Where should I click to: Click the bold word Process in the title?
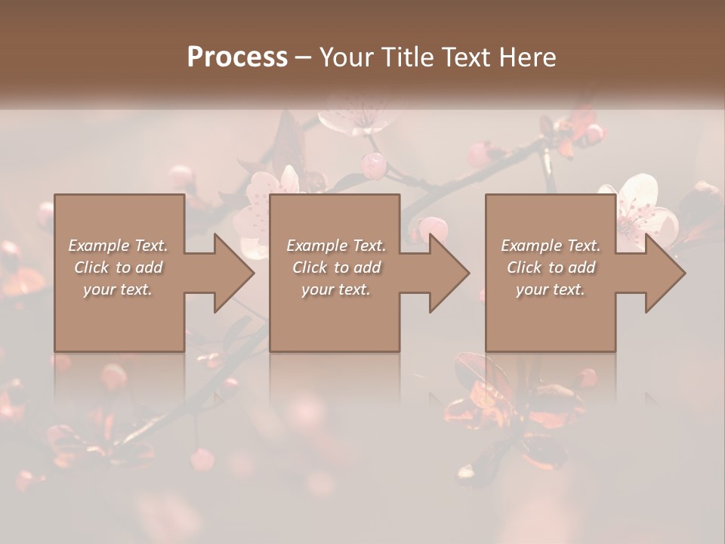[x=237, y=57]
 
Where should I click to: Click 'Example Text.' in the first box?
[x=119, y=246]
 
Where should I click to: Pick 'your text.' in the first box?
[x=119, y=289]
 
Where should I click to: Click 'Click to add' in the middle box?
[x=336, y=267]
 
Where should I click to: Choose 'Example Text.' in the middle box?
[x=336, y=246]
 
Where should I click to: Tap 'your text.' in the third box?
[x=551, y=289]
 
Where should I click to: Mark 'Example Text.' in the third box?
[x=551, y=246]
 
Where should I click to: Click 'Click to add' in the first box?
[x=119, y=267]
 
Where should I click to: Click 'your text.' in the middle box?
[x=336, y=289]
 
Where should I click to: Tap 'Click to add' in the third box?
[x=551, y=267]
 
